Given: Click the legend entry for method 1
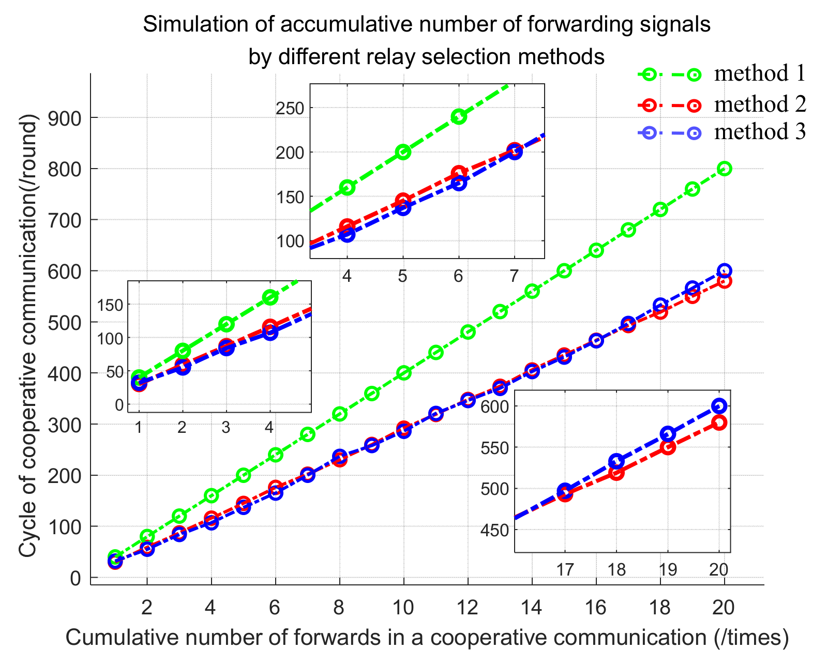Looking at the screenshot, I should click(759, 74).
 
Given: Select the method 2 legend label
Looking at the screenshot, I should click(759, 105).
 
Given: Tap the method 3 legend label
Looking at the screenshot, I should click(759, 132).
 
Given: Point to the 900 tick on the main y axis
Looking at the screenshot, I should click(65, 118).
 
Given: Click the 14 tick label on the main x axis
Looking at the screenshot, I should click(532, 607).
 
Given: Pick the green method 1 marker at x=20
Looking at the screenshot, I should click(725, 169).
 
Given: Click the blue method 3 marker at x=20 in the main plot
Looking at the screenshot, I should click(725, 270).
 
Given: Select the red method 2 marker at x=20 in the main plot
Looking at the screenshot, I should click(725, 281).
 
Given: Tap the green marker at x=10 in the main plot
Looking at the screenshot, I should click(404, 373).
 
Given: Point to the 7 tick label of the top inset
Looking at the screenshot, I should click(514, 277).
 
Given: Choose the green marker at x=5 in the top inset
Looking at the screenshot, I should click(403, 152).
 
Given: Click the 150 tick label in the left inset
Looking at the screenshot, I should click(110, 305).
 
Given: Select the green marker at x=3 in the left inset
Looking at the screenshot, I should click(226, 324).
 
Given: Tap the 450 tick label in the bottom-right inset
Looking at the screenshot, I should click(494, 531).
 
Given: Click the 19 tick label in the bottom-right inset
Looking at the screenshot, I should click(668, 570).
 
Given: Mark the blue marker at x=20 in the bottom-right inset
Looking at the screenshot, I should click(718, 405).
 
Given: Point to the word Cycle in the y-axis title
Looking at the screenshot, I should click(28, 537).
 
